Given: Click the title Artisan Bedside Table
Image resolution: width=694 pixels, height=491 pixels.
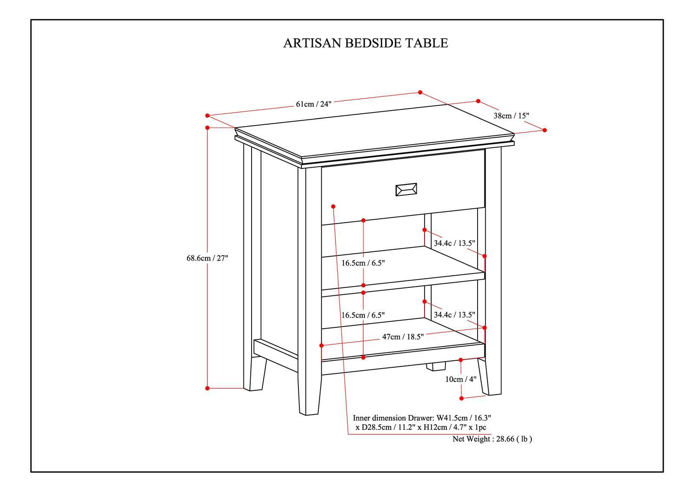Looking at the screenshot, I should (x=365, y=43).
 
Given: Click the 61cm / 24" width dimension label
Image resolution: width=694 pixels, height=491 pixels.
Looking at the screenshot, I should (x=313, y=104).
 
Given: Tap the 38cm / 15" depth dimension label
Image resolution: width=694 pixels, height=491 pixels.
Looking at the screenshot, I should (x=511, y=116).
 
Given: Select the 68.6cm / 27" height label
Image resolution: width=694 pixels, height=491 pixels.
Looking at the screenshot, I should (x=207, y=258).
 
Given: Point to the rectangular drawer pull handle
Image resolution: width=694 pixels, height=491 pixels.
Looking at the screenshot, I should (x=406, y=190).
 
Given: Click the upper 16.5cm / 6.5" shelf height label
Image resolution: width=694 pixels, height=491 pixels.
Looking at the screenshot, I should (x=363, y=263).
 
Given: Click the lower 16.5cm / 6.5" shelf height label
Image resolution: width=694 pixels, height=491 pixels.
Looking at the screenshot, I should (x=363, y=315).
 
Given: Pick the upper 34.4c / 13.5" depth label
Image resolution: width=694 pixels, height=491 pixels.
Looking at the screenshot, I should (x=454, y=243).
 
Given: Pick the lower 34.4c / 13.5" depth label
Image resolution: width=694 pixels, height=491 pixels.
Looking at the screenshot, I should (x=454, y=315).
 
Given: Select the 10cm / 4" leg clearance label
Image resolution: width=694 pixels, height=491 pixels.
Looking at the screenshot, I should (x=461, y=379).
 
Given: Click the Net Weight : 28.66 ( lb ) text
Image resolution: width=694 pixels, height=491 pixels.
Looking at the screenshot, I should (x=492, y=439).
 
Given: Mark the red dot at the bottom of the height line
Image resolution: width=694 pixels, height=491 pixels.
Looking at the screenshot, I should (x=207, y=388).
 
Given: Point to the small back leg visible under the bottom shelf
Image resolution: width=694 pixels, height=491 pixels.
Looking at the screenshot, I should (x=435, y=366).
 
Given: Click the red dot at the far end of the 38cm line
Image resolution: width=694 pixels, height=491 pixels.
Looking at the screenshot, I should (x=545, y=130).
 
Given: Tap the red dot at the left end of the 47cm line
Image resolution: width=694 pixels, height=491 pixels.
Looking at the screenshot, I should (x=321, y=346).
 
